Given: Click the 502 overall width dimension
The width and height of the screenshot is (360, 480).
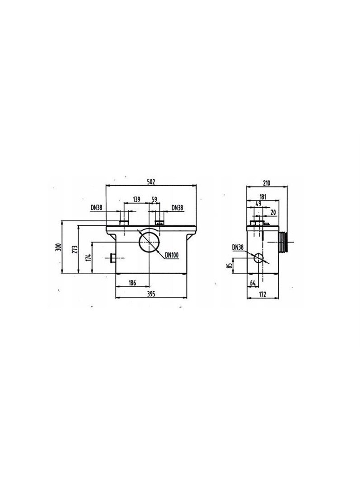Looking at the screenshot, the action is pos(151,182).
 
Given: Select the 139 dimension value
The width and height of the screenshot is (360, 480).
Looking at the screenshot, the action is pos(136,200).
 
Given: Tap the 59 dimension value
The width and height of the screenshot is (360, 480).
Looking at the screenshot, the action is pos(154,200).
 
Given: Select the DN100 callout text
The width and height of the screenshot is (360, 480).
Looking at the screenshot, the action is pos(172,255).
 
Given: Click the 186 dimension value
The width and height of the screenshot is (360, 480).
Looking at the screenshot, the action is pos(132,283).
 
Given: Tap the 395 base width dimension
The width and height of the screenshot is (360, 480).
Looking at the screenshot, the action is pos(151,294).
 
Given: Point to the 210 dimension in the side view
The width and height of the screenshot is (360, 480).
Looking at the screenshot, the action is pos(266,183).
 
